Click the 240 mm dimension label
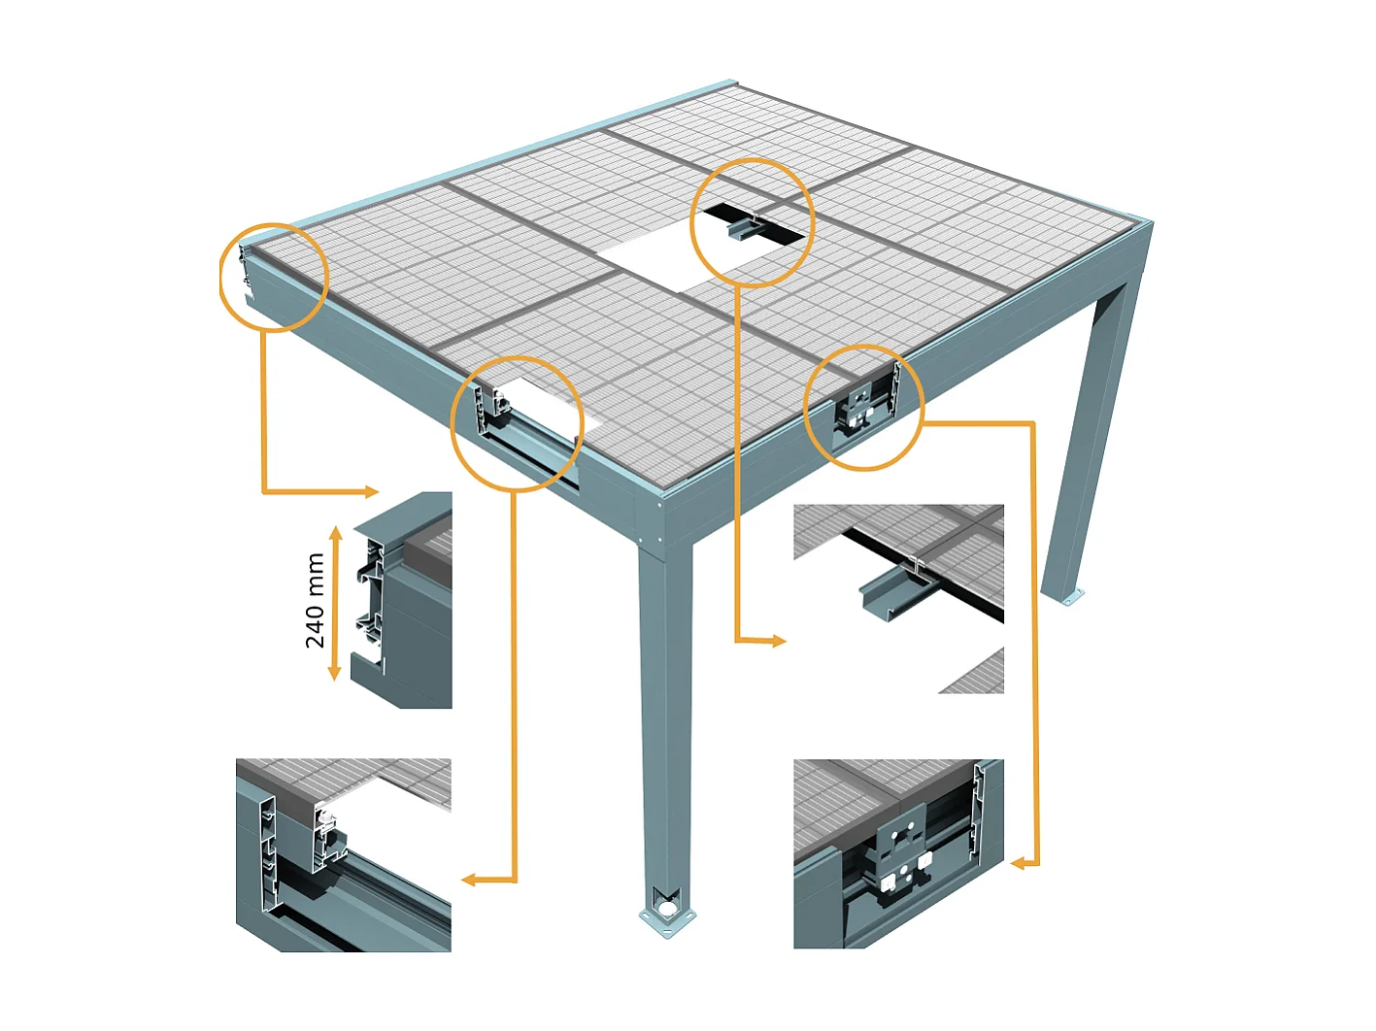click(315, 601)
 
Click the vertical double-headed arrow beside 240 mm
click(335, 603)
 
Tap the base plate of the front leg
click(666, 915)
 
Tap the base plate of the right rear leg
click(1067, 596)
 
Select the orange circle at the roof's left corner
click(274, 278)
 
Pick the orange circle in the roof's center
click(752, 222)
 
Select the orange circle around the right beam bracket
click(863, 408)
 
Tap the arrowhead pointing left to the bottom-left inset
click(468, 880)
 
